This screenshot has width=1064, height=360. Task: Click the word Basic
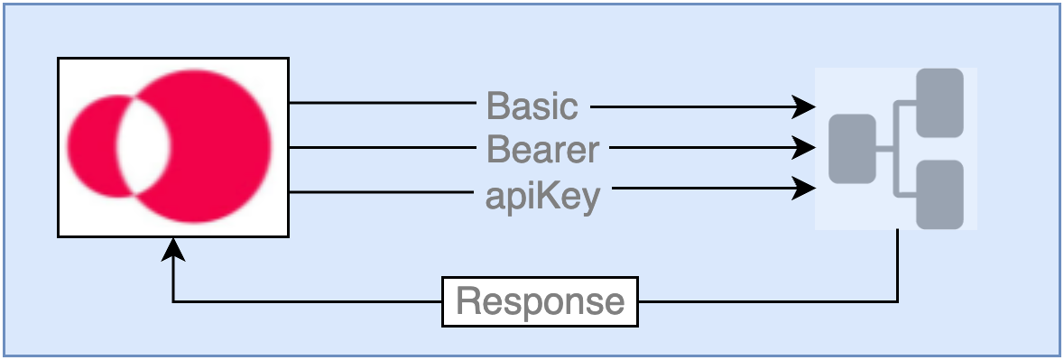[x=532, y=106]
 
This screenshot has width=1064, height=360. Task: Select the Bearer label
[x=543, y=149]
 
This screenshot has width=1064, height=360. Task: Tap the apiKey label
[x=543, y=197]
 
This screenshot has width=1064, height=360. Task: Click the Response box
[x=541, y=301]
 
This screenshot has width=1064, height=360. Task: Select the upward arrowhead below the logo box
[x=173, y=249]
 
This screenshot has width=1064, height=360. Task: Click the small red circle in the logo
[x=92, y=146]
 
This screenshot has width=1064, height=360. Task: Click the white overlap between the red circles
[x=143, y=146]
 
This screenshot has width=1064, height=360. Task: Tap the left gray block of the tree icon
[x=852, y=149]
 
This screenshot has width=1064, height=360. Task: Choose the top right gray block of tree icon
[x=939, y=103]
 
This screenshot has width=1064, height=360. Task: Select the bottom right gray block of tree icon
[x=939, y=195]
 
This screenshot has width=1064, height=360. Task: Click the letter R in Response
[x=469, y=300]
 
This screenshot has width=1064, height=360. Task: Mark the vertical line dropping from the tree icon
[x=898, y=265]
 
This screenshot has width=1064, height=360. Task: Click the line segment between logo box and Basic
[x=383, y=103]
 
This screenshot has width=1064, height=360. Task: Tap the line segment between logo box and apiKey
[x=382, y=192]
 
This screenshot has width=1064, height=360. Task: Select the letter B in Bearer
[x=498, y=149]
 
